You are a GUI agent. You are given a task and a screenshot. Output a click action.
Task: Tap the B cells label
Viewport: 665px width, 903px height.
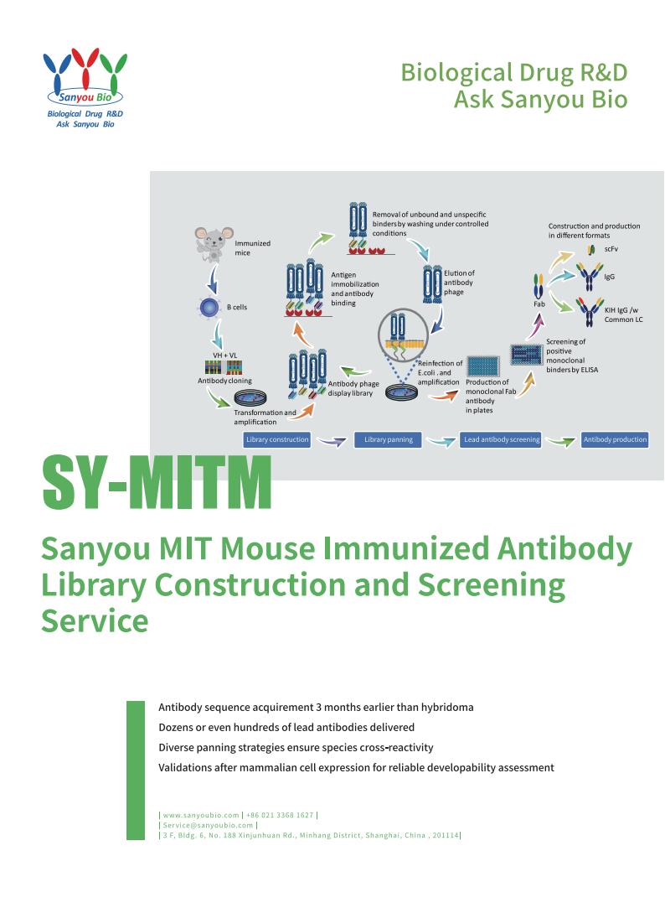[237, 308]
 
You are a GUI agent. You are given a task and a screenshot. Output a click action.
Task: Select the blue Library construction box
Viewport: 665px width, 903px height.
[277, 439]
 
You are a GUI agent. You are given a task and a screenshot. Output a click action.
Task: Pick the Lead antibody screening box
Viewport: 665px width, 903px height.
[501, 439]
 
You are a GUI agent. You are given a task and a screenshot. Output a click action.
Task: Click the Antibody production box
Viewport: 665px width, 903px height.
[615, 439]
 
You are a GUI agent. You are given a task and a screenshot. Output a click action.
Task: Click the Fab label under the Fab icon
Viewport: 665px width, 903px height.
[539, 304]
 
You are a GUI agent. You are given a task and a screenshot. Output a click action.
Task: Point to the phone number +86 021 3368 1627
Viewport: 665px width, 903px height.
[281, 814]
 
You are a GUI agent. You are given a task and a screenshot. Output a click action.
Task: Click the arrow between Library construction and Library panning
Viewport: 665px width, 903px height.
[332, 440]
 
